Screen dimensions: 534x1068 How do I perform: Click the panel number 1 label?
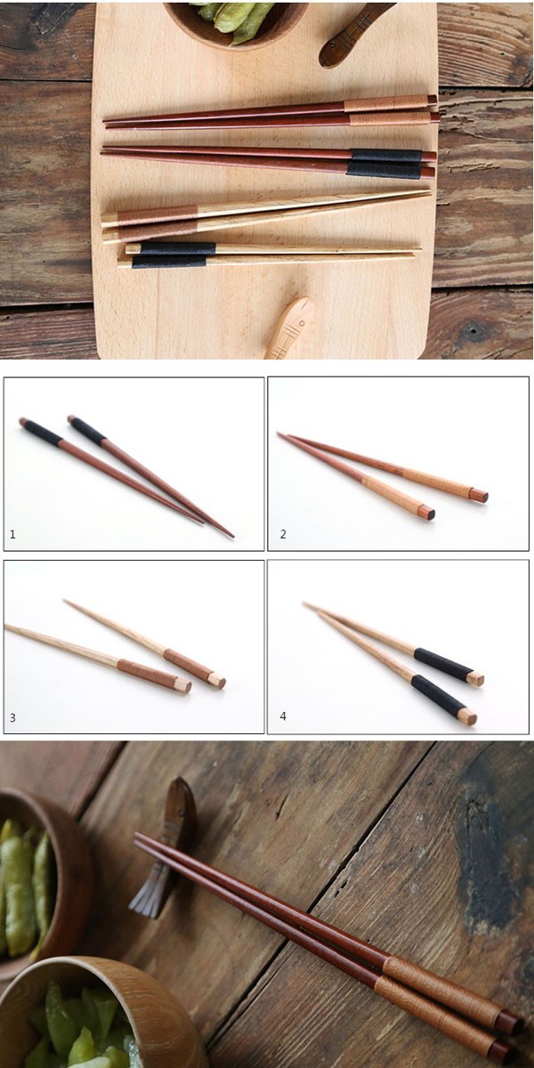12,535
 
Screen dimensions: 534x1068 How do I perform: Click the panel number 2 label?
283,535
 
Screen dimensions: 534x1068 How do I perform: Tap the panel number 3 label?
12,717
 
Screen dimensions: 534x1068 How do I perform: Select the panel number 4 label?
283,716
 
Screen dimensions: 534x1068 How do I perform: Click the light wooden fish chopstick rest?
289,328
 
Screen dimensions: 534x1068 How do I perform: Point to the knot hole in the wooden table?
473,328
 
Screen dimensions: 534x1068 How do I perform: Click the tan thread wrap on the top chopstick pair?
387,109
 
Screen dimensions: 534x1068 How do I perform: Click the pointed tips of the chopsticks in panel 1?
217,530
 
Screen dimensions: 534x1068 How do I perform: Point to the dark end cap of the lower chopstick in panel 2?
428,513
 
